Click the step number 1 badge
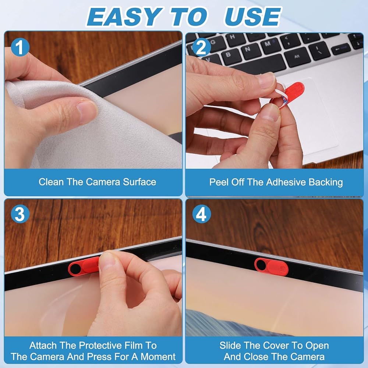[20, 47]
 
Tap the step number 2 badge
[201, 47]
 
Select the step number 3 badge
[20, 214]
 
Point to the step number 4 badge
[201, 214]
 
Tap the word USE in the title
[252, 17]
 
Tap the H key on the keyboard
[232, 38]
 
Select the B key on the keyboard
[228, 55]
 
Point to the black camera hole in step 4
[261, 265]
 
